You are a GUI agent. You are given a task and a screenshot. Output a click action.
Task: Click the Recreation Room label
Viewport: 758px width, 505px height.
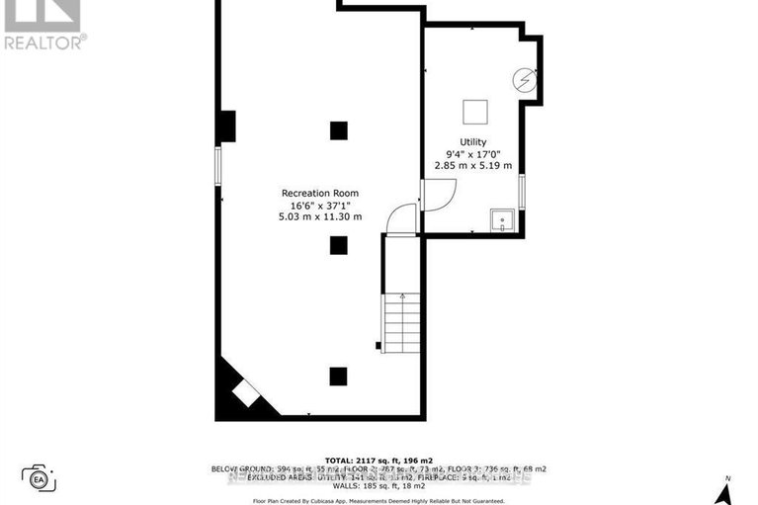click(x=320, y=193)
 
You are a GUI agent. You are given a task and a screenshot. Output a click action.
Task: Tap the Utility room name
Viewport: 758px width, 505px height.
click(x=472, y=142)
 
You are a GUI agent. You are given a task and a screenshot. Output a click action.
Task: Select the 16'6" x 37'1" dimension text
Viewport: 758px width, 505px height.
click(x=320, y=205)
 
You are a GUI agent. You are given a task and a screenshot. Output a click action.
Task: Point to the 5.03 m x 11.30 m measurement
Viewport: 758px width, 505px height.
click(x=320, y=216)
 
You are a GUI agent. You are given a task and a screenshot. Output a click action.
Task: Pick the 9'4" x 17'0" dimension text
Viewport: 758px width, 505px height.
click(x=472, y=154)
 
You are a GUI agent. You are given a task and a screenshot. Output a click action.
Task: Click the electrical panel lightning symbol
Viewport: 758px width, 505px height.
click(x=525, y=80)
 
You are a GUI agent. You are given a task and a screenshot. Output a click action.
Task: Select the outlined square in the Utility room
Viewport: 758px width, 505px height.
click(x=475, y=111)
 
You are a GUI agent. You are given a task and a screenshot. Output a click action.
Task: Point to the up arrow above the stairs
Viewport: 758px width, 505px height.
click(x=403, y=295)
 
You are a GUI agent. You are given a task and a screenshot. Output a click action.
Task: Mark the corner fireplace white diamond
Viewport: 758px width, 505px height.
click(x=244, y=393)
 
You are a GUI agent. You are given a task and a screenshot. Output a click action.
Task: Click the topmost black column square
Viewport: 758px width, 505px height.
click(x=339, y=129)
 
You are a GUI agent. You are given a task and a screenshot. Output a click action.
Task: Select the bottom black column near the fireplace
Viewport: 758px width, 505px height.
click(x=339, y=375)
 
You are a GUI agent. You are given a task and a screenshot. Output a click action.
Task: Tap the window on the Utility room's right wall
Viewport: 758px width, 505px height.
click(x=522, y=190)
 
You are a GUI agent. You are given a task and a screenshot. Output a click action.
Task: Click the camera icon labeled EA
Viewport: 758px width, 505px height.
click(x=39, y=479)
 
